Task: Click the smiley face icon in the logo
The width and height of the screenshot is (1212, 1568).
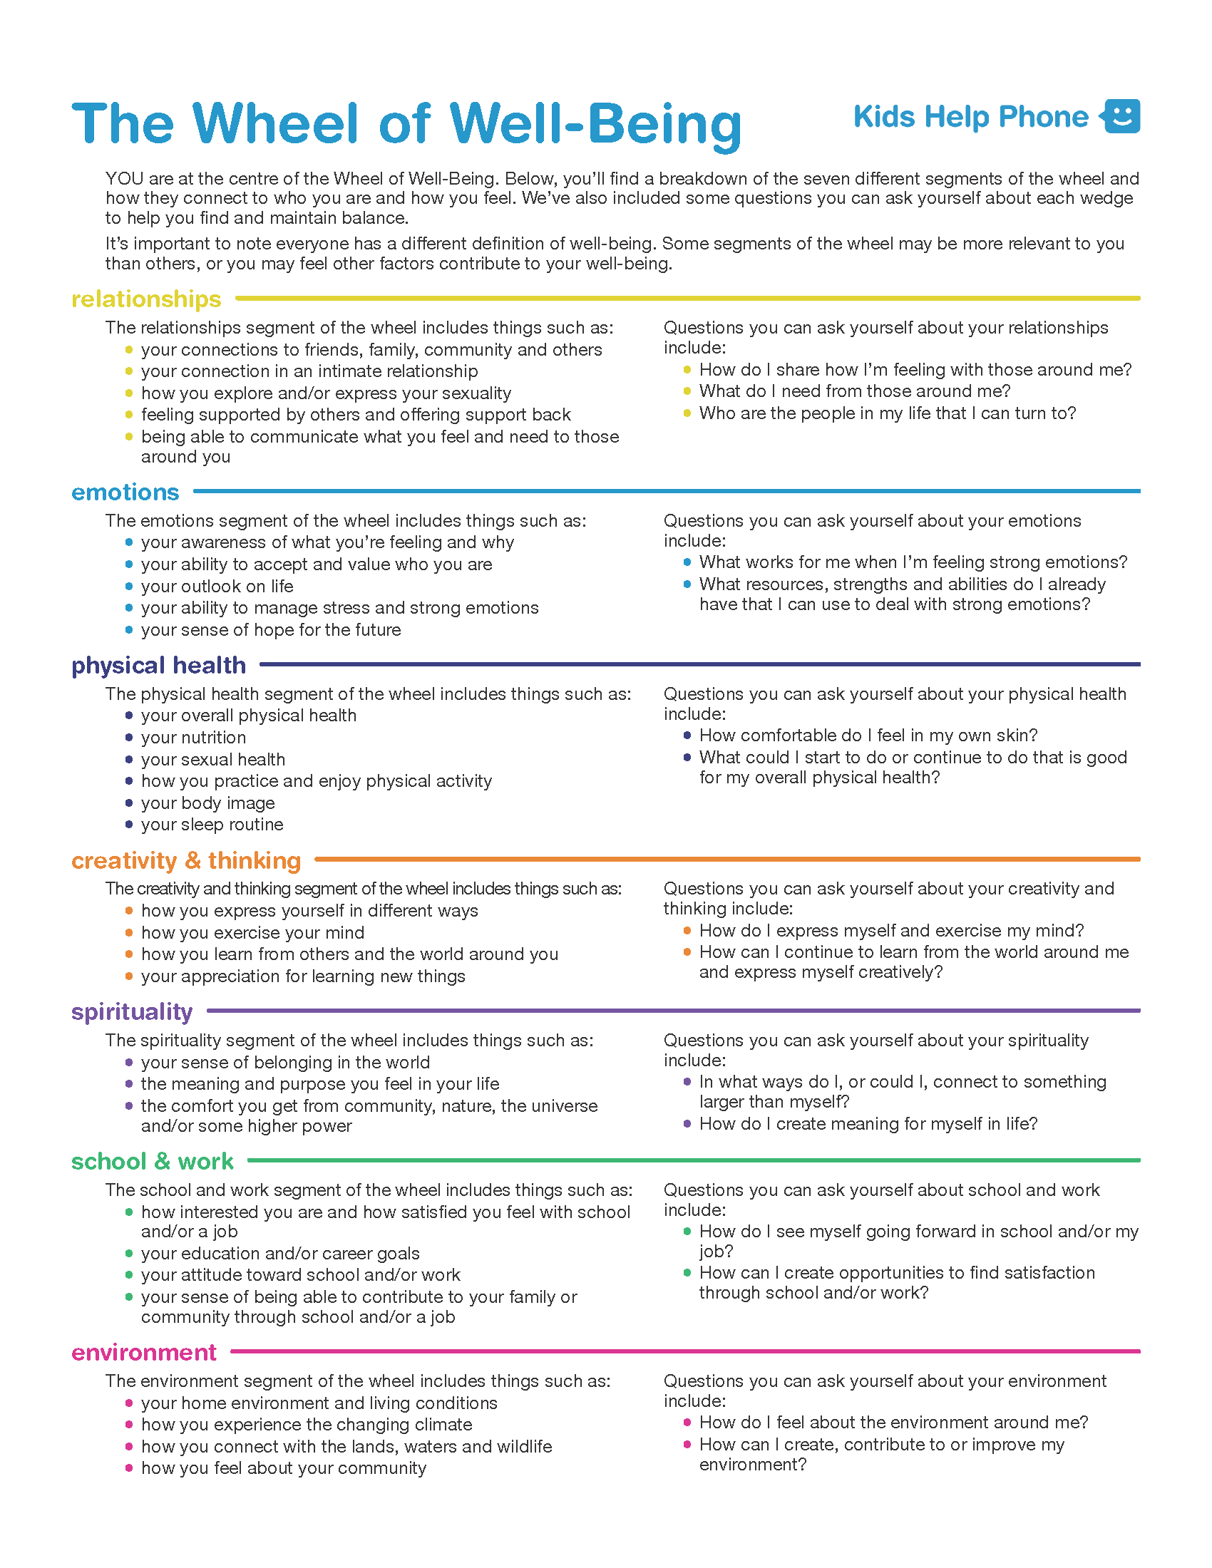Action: [x=1121, y=116]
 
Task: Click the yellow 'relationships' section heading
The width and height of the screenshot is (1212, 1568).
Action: [x=145, y=299]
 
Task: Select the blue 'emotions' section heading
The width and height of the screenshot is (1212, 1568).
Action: [x=125, y=492]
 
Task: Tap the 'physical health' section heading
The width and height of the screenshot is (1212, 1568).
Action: [x=158, y=665]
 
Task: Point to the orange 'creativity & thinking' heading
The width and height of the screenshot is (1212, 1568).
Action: [x=186, y=860]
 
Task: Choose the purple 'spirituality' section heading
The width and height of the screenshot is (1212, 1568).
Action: [x=131, y=1011]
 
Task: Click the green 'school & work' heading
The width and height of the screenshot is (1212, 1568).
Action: [x=153, y=1161]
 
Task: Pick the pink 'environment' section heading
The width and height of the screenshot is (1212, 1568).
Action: [x=143, y=1352]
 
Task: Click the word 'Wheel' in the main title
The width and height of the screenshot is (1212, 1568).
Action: [x=276, y=123]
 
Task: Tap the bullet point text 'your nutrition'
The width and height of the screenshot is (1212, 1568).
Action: [x=193, y=738]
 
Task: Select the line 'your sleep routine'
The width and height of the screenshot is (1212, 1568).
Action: [x=212, y=824]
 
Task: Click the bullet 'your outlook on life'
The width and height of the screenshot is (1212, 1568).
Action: [x=217, y=586]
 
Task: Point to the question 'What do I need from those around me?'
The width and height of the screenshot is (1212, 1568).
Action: [x=854, y=391]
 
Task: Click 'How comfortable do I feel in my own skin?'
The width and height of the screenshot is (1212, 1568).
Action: [x=868, y=736]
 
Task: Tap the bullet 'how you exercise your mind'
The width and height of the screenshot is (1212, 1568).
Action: [x=253, y=933]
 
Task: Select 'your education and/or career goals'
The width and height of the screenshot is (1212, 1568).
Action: [x=280, y=1253]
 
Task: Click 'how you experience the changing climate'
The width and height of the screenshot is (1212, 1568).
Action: [x=307, y=1425]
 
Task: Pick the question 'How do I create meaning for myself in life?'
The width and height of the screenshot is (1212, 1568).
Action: [x=868, y=1123]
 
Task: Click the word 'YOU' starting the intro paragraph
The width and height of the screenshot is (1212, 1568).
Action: [x=123, y=179]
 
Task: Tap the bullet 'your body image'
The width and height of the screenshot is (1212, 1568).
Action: [x=207, y=803]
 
